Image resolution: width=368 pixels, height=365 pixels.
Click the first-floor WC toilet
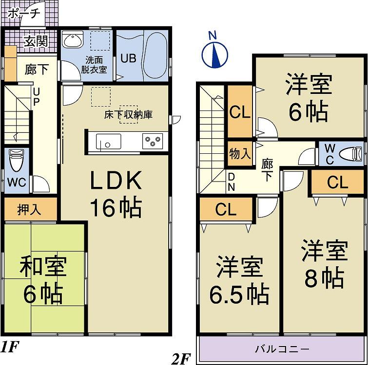click(16, 161)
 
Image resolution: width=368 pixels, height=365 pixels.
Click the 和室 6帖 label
click(43, 280)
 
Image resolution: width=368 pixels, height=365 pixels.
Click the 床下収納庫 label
click(128, 115)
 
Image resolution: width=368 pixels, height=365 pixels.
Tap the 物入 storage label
click(240, 154)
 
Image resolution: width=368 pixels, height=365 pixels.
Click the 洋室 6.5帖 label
click(239, 280)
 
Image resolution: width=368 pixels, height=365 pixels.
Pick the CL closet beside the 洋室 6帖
click(240, 113)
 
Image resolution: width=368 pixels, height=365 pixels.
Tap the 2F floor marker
click(181, 360)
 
